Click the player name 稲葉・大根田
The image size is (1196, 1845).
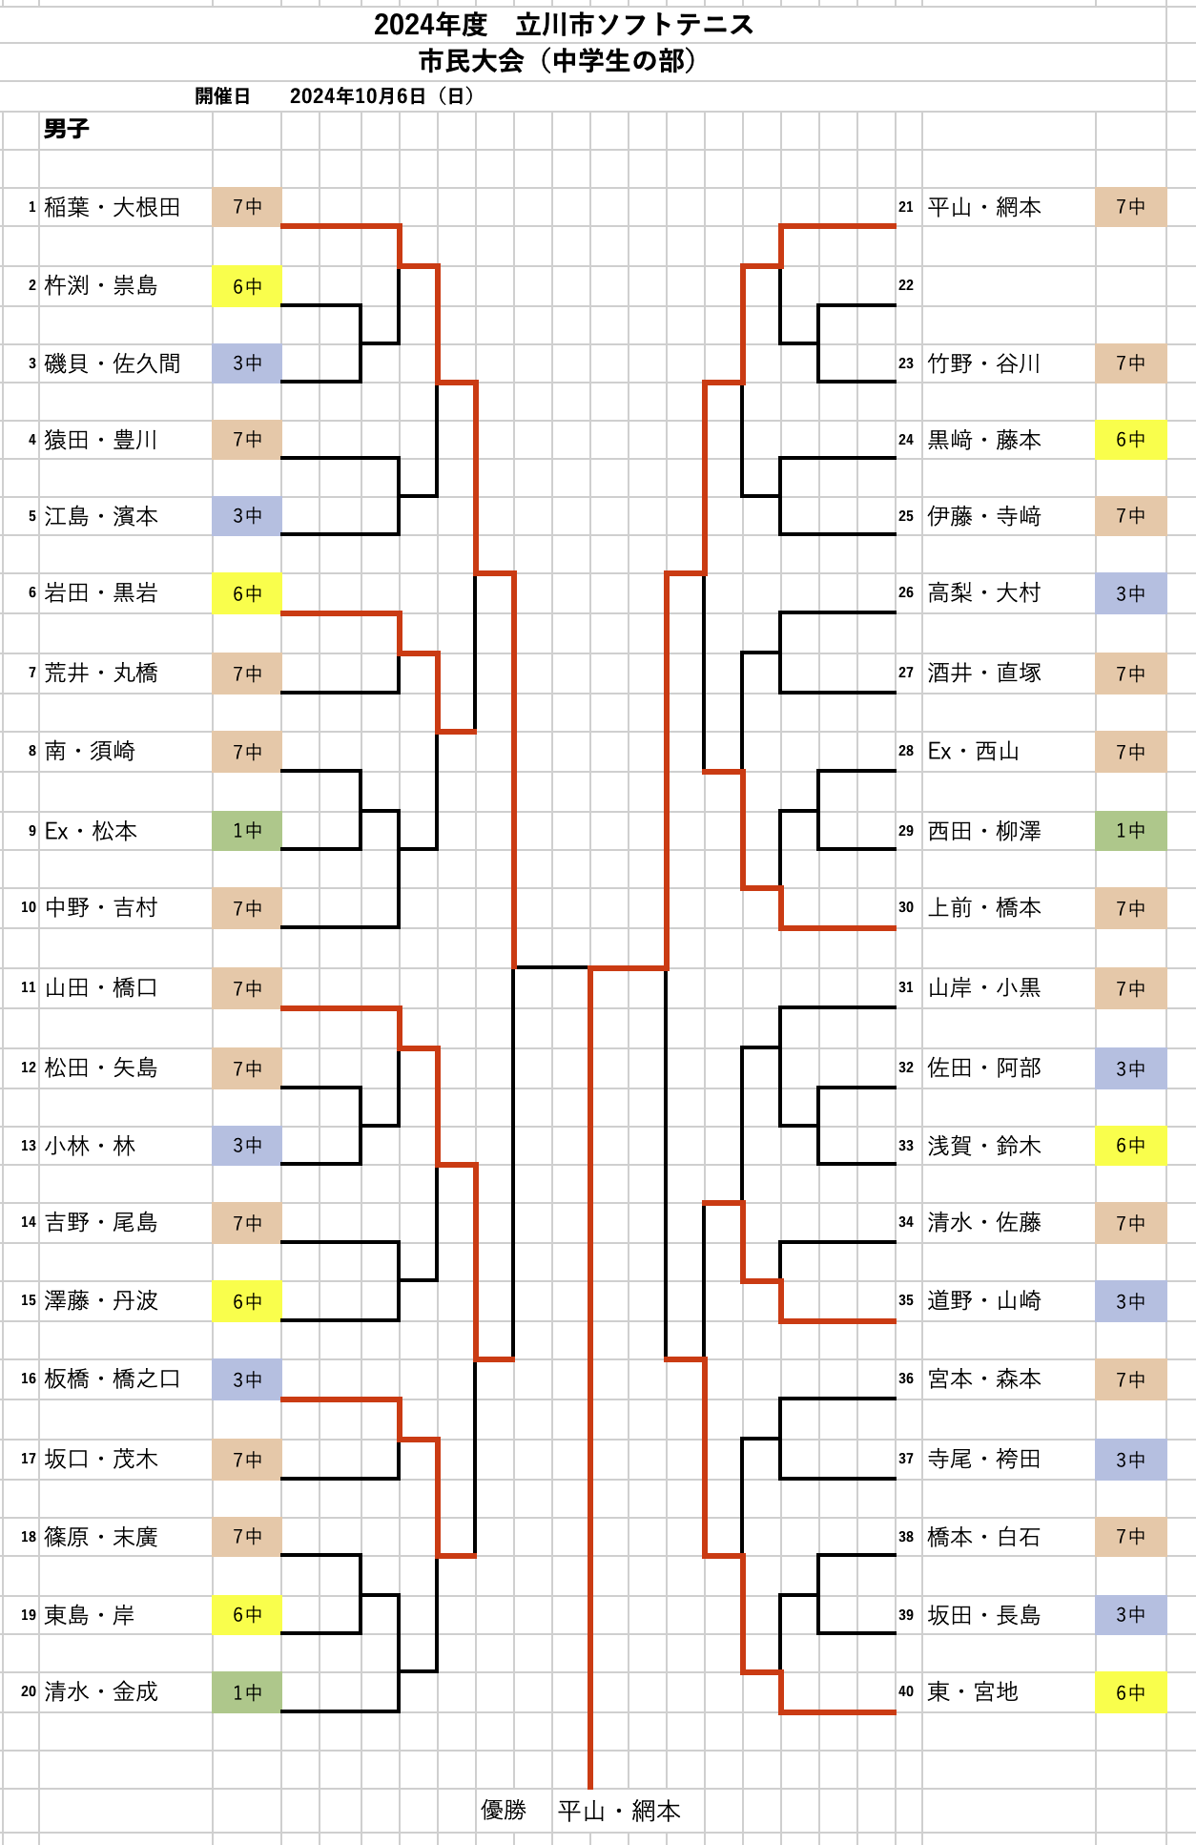click(113, 207)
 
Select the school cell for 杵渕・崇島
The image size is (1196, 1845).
click(247, 286)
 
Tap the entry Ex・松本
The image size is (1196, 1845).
click(91, 831)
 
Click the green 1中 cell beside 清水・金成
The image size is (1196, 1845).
click(247, 1691)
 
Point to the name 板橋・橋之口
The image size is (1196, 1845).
click(113, 1379)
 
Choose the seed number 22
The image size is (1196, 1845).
click(906, 285)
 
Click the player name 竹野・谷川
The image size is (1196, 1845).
click(983, 363)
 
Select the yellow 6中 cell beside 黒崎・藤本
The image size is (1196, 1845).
click(1130, 440)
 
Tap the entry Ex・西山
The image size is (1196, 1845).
click(973, 752)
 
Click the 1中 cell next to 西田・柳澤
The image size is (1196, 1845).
click(1130, 831)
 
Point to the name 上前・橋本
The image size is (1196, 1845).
click(983, 907)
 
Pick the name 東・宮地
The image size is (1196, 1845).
click(973, 1691)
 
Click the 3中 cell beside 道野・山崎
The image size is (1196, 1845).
click(1130, 1301)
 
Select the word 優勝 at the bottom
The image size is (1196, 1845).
click(504, 1810)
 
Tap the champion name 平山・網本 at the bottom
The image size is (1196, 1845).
click(619, 1811)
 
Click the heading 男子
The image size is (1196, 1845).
click(67, 129)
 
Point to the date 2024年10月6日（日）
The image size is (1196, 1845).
click(381, 95)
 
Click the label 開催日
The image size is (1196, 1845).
click(222, 95)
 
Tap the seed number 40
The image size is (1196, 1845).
click(906, 1691)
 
